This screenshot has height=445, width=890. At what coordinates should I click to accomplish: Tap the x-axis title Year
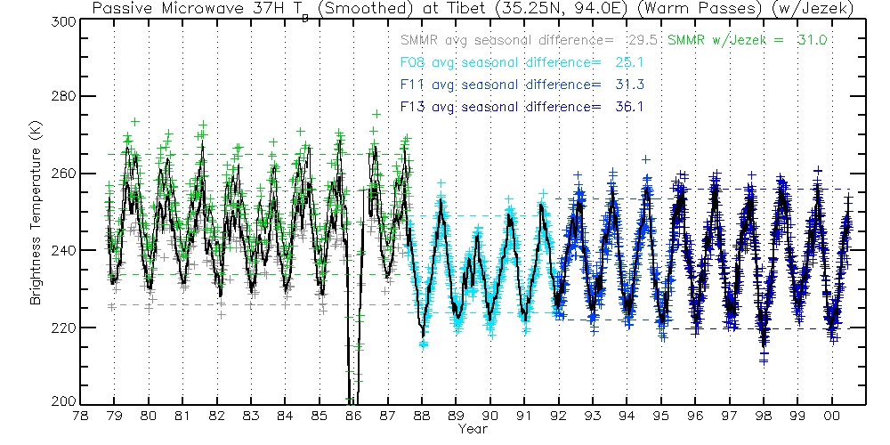(x=473, y=430)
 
